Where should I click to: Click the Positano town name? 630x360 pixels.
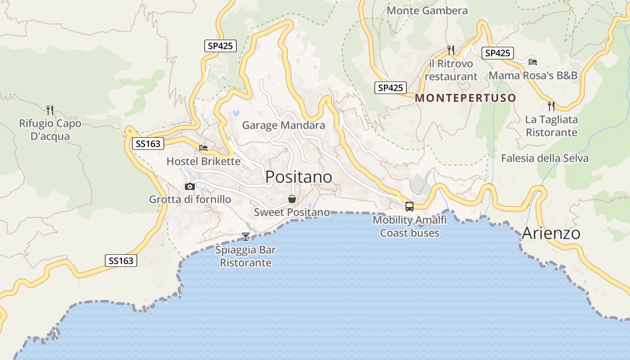(299, 177)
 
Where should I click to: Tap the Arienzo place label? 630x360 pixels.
(551, 233)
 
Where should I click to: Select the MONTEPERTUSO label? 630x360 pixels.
(465, 98)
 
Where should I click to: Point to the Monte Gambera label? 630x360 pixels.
(427, 10)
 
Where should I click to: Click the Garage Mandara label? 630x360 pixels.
(283, 125)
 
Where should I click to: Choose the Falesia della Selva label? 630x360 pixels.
(544, 158)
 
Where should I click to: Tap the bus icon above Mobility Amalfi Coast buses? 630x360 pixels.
(409, 207)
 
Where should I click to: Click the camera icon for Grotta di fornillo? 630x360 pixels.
(190, 186)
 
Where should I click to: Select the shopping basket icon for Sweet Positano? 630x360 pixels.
(292, 199)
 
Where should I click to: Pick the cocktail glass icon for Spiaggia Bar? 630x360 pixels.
(246, 236)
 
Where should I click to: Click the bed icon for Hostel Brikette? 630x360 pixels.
(203, 148)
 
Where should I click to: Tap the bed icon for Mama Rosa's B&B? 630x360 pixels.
(533, 62)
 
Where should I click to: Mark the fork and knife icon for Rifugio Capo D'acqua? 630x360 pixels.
(50, 109)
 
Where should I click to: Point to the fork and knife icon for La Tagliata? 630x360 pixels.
(551, 106)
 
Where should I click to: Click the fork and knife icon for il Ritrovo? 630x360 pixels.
(451, 50)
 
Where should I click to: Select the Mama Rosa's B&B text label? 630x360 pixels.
(533, 75)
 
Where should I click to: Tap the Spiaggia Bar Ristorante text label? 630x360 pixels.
(246, 256)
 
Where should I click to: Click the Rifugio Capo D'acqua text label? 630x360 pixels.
(50, 130)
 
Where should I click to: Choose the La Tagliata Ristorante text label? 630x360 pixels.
(551, 126)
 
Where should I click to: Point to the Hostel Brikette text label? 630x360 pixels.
(203, 161)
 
